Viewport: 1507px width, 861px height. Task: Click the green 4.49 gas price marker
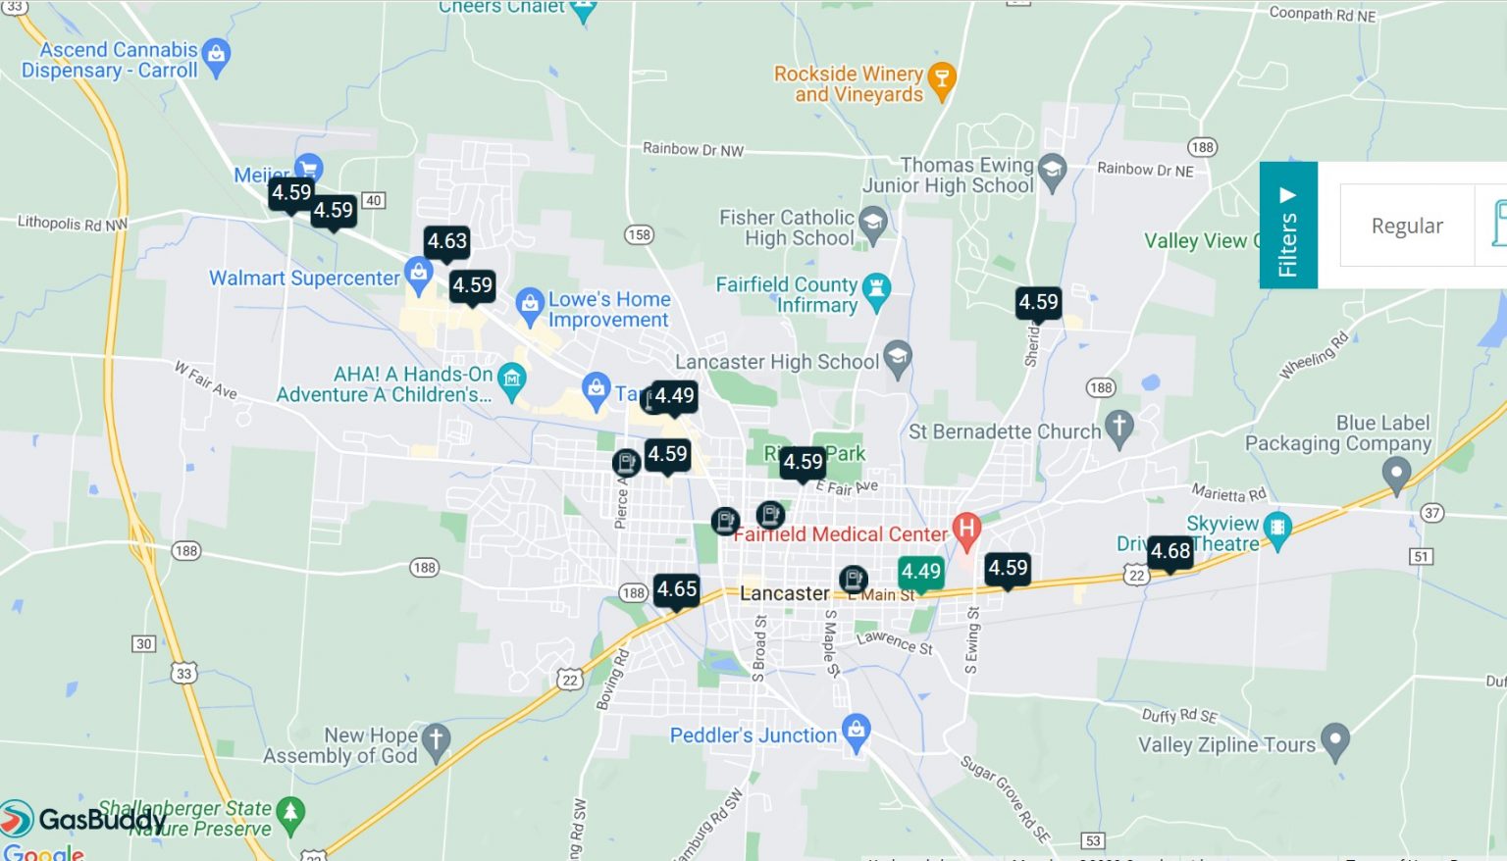920,572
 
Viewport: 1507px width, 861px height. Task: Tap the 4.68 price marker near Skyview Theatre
1169,551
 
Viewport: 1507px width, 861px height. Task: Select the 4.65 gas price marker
676,589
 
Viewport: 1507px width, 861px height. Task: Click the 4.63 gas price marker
446,241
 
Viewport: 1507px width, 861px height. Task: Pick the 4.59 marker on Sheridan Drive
1038,302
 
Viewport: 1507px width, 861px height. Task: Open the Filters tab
1287,226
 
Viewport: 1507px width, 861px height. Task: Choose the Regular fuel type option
1406,226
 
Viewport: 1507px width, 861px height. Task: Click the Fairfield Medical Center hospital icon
966,530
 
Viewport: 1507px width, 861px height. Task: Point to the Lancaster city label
784,593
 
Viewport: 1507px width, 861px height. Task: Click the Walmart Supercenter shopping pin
419,275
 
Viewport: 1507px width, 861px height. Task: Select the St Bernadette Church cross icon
1118,428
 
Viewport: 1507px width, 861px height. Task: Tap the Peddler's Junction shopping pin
856,731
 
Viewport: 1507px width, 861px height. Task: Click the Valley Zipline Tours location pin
1334,740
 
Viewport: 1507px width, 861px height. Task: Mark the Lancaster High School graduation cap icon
897,358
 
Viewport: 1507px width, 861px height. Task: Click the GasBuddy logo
82,819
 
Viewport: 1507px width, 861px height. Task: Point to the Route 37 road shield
1431,513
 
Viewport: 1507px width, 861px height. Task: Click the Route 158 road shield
639,234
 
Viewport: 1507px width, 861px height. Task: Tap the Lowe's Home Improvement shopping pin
530,306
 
